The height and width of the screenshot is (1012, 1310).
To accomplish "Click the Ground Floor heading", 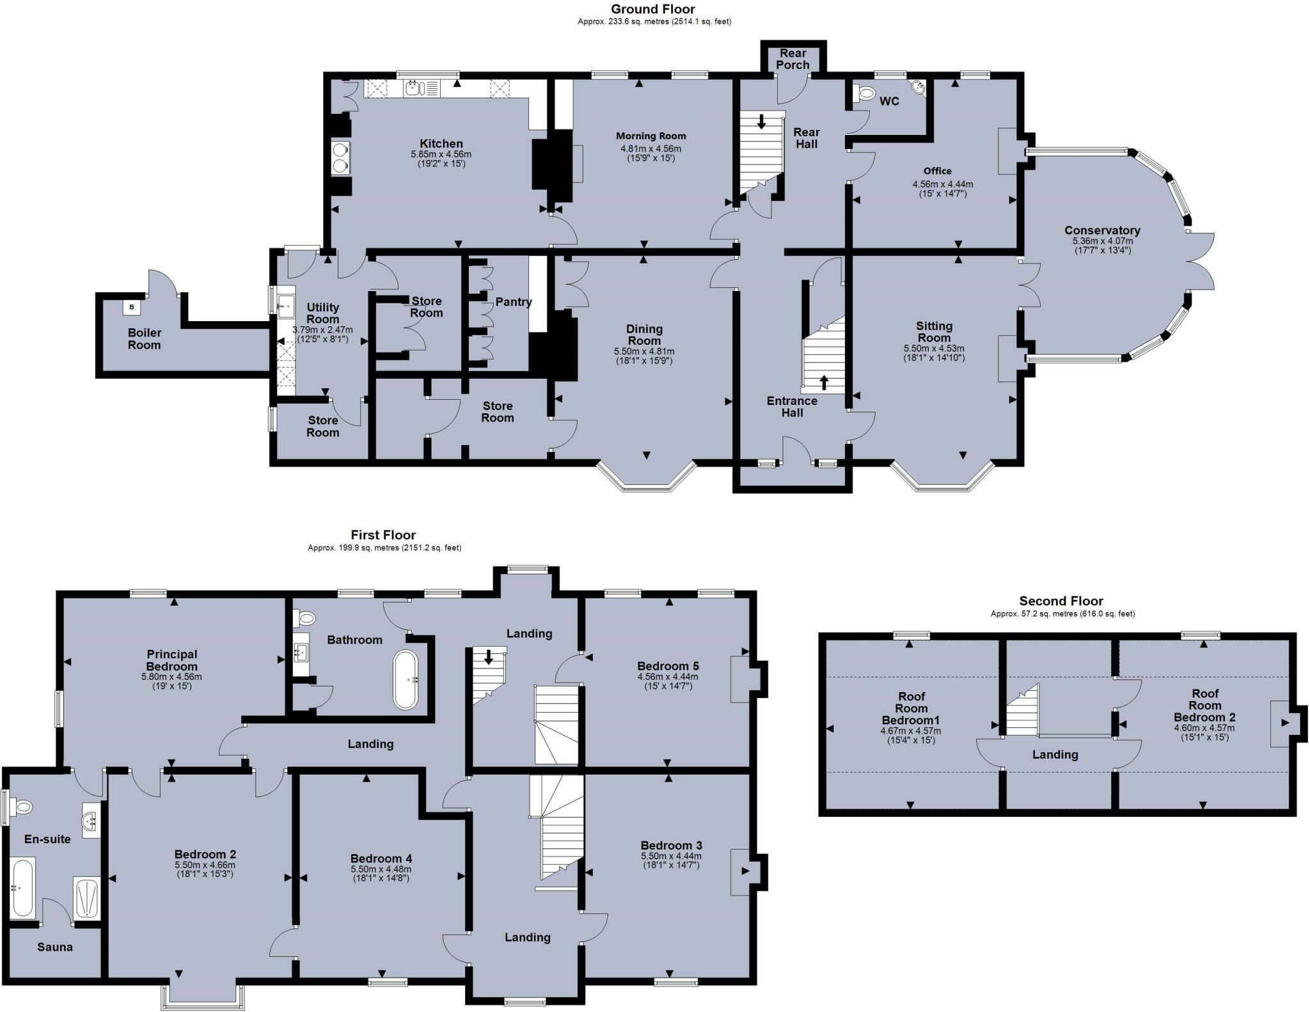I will click(x=652, y=9).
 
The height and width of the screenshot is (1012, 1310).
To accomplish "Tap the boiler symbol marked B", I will click(x=132, y=307).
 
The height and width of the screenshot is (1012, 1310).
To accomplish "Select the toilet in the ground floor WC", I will click(x=864, y=94).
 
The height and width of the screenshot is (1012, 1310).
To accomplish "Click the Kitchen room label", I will click(x=441, y=143).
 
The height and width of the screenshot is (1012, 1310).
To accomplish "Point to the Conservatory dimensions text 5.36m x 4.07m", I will click(x=1102, y=241).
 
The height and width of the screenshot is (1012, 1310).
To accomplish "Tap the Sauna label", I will click(x=55, y=947).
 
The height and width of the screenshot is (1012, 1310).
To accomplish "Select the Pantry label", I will click(x=513, y=302).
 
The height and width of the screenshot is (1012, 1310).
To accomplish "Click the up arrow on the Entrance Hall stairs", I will click(x=824, y=383).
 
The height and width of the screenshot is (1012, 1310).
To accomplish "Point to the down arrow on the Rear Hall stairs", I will click(x=761, y=122).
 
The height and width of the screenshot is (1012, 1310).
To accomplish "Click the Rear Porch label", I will click(x=793, y=59).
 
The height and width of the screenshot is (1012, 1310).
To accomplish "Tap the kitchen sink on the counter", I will click(x=413, y=88).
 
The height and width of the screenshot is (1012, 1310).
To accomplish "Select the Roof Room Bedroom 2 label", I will click(x=1204, y=705).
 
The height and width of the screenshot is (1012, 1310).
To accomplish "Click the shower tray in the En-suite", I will click(x=86, y=898).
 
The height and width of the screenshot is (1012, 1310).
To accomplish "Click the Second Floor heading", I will click(x=1061, y=601).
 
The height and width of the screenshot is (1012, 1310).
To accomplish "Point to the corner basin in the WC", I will click(x=917, y=86).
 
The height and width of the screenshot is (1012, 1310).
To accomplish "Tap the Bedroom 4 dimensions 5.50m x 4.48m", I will click(x=381, y=869).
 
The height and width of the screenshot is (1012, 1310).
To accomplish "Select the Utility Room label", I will click(x=322, y=313).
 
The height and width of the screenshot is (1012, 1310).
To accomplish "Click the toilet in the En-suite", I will click(x=22, y=807).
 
